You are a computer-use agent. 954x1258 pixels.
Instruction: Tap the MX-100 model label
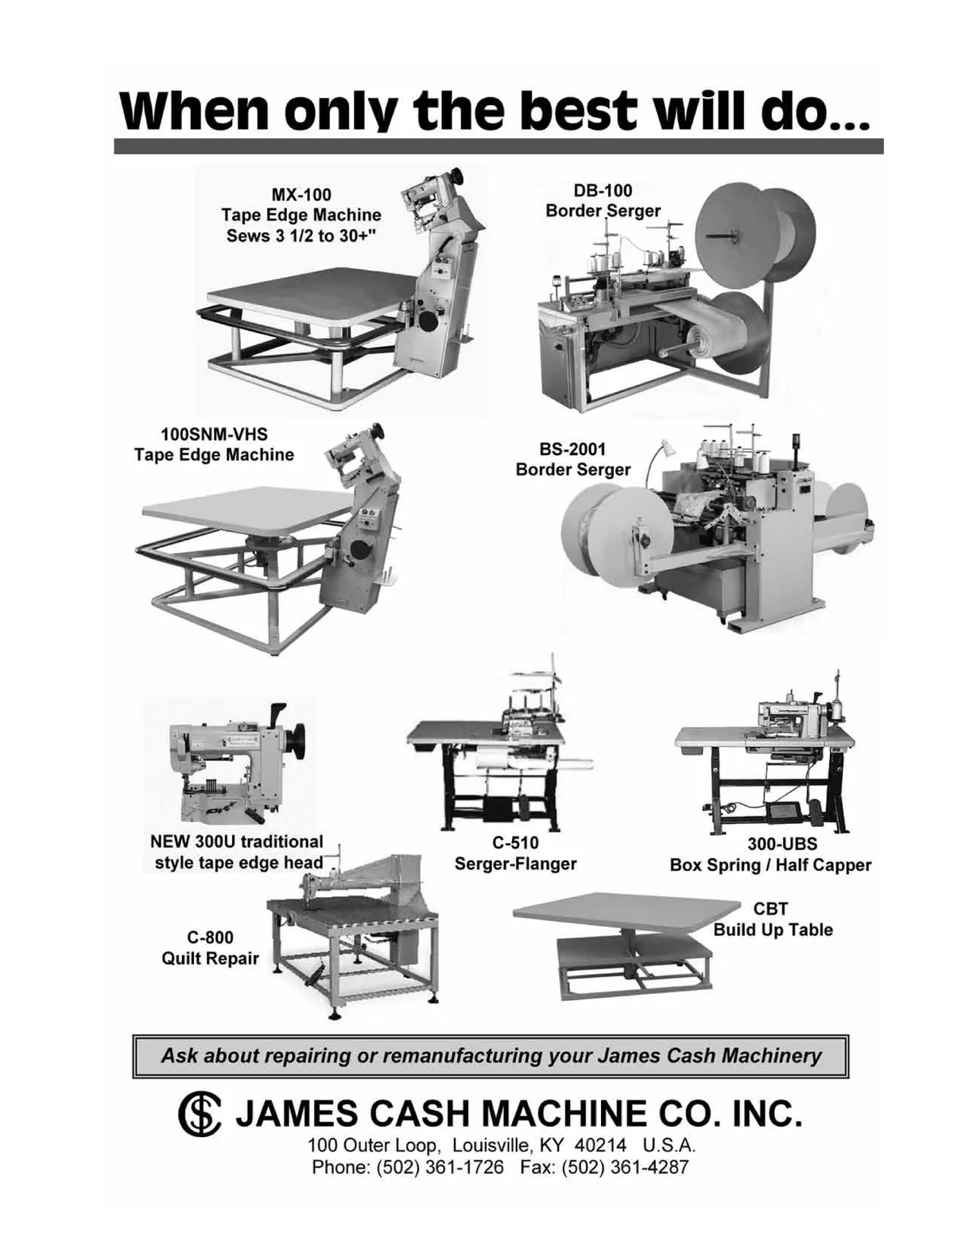point(301,195)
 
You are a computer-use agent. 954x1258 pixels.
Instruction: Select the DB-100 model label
point(603,190)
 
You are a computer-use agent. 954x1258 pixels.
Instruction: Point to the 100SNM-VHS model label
point(214,434)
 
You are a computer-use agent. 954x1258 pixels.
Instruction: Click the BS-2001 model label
point(572,448)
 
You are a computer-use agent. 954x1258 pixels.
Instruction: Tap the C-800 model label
point(211,937)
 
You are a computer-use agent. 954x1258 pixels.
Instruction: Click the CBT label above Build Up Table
point(770,908)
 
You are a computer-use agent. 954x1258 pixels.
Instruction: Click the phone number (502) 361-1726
point(440,1167)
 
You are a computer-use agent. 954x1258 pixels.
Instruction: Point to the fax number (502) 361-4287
point(625,1167)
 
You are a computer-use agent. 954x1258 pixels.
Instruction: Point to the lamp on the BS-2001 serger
point(668,447)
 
